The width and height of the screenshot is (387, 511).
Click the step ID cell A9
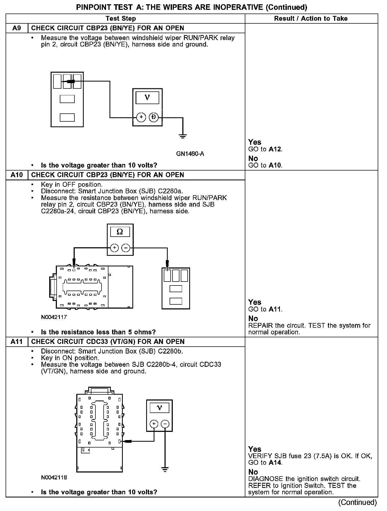pyautogui.click(x=17, y=28)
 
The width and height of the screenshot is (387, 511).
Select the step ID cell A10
pyautogui.click(x=17, y=175)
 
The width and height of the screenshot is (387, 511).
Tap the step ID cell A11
pyautogui.click(x=17, y=342)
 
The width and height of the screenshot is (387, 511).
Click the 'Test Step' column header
pyautogui.click(x=121, y=19)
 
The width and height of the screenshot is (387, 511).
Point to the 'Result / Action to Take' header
pyautogui.click(x=311, y=19)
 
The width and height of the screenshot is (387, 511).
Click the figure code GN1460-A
pyautogui.click(x=190, y=154)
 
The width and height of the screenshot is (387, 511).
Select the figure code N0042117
pyautogui.click(x=54, y=317)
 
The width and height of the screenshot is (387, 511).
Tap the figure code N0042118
pyautogui.click(x=54, y=478)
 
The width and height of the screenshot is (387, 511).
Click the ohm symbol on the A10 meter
pyautogui.click(x=120, y=232)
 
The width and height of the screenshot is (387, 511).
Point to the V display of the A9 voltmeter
pyautogui.click(x=147, y=98)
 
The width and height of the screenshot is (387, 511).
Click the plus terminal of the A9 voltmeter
pyautogui.click(x=141, y=117)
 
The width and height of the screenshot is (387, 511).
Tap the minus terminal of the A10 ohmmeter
pyautogui.click(x=126, y=248)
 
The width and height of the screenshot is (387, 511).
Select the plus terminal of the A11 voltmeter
pyautogui.click(x=154, y=424)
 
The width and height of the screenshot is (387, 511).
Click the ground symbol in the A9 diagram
pyautogui.click(x=183, y=137)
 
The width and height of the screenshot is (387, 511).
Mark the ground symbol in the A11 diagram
pyautogui.click(x=165, y=470)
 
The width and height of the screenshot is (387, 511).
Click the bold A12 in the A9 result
pyautogui.click(x=275, y=149)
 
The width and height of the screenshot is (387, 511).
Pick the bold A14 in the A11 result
pyautogui.click(x=275, y=463)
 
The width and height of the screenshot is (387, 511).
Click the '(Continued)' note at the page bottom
pyautogui.click(x=357, y=502)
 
